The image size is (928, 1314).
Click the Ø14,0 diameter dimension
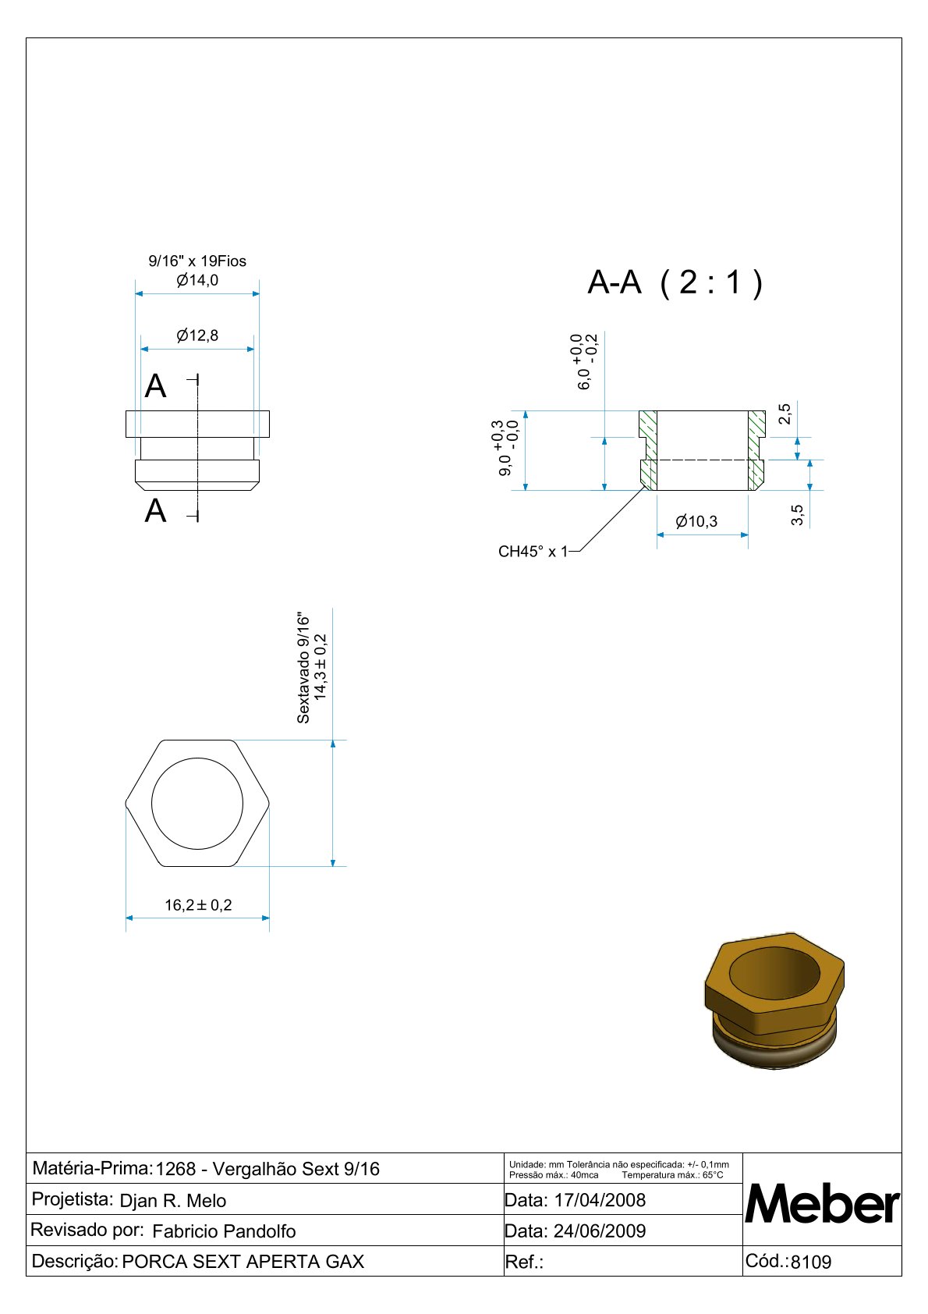pyautogui.click(x=197, y=280)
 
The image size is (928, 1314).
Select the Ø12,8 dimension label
pyautogui.click(x=197, y=336)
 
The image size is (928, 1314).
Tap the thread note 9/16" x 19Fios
pyautogui.click(x=197, y=261)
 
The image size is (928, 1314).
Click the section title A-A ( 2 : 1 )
pyautogui.click(x=675, y=282)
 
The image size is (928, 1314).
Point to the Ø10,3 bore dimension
pyautogui.click(x=696, y=521)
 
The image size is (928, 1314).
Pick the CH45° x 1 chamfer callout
pyautogui.click(x=533, y=552)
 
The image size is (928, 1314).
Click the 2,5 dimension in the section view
pyautogui.click(x=785, y=414)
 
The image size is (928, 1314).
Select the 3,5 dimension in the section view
pyautogui.click(x=797, y=515)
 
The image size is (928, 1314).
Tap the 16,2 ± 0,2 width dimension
pyautogui.click(x=198, y=905)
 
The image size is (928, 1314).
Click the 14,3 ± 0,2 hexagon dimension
pyautogui.click(x=321, y=667)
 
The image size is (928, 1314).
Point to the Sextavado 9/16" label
pyautogui.click(x=303, y=669)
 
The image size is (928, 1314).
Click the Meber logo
pyautogui.click(x=822, y=1204)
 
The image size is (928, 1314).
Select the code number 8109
pyautogui.click(x=811, y=1262)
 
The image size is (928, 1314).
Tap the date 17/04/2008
pyautogui.click(x=600, y=1200)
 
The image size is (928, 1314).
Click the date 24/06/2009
pyautogui.click(x=600, y=1231)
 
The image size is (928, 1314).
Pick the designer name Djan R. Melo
pyautogui.click(x=173, y=1201)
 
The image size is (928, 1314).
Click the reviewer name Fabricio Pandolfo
pyautogui.click(x=224, y=1231)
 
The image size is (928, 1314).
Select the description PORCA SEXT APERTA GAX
pyautogui.click(x=243, y=1262)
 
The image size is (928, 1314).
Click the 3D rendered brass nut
pyautogui.click(x=774, y=1000)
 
